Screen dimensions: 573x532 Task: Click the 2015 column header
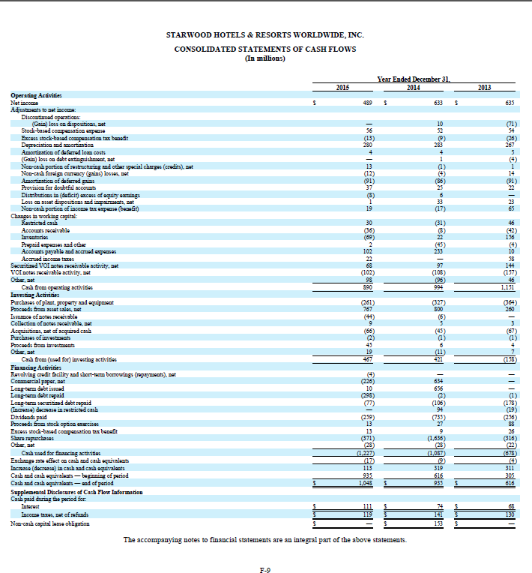click(343, 87)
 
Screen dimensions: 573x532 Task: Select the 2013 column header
click(484, 87)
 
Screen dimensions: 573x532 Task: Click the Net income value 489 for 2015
click(368, 103)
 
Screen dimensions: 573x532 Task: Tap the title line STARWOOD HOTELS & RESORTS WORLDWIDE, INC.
click(265, 34)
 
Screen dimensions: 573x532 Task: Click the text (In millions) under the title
click(265, 58)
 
